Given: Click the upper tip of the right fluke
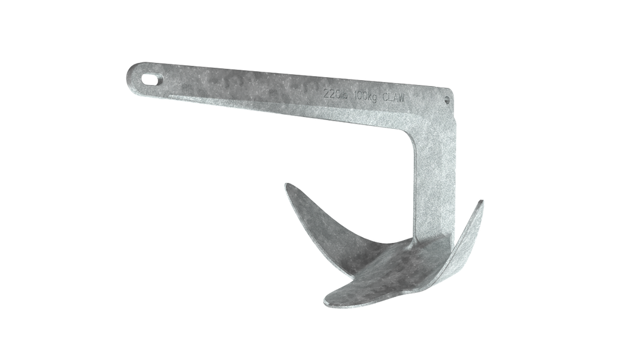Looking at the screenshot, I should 482,202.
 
